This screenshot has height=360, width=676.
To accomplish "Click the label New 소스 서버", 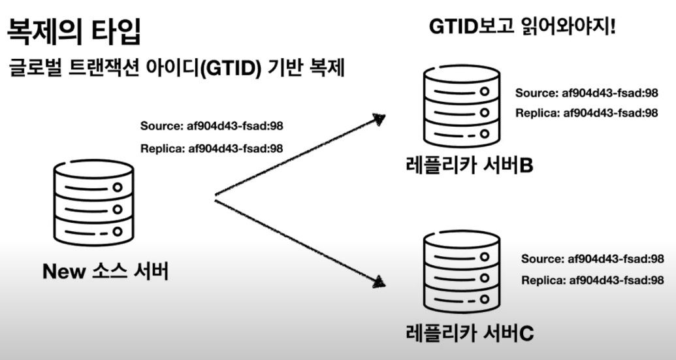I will click(105, 271).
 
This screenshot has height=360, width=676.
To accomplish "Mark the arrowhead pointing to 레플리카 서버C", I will click(376, 282).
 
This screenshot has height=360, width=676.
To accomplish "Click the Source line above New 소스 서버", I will click(212, 126).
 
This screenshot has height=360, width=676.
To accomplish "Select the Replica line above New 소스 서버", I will click(212, 148).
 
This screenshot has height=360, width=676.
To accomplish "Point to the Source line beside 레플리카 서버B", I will click(586, 93).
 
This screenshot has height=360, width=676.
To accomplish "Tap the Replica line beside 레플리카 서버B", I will click(586, 113).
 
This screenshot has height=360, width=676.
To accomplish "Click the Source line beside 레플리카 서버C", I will click(592, 259).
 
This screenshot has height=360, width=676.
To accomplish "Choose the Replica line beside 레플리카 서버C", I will click(592, 280).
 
